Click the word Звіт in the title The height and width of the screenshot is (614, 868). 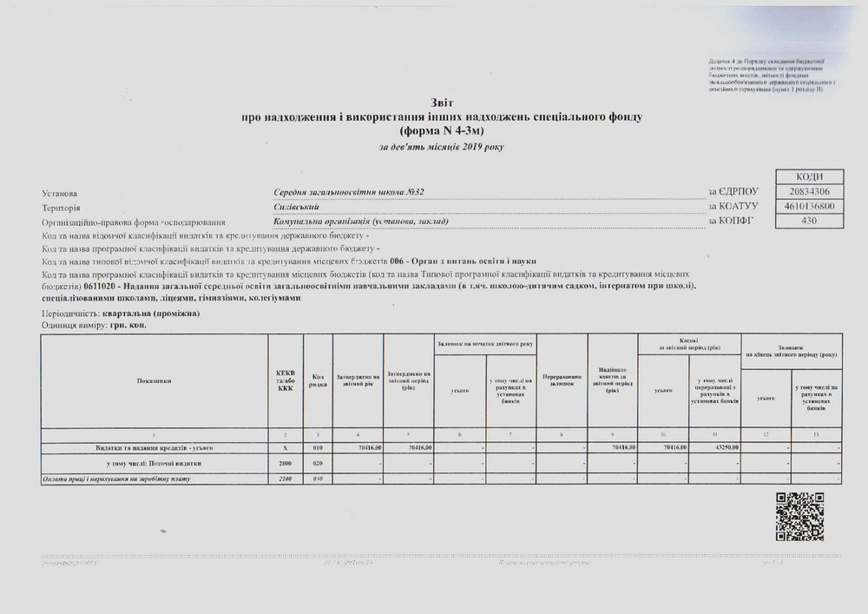coord(442,102)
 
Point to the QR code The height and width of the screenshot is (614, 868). coord(799,516)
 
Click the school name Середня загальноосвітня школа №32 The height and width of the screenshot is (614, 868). coord(349,192)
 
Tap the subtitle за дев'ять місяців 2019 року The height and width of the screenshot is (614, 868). coord(441,147)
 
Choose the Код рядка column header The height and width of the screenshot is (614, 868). coord(319,381)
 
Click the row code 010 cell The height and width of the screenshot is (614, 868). coord(319,447)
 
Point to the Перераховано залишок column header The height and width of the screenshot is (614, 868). coord(562,381)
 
